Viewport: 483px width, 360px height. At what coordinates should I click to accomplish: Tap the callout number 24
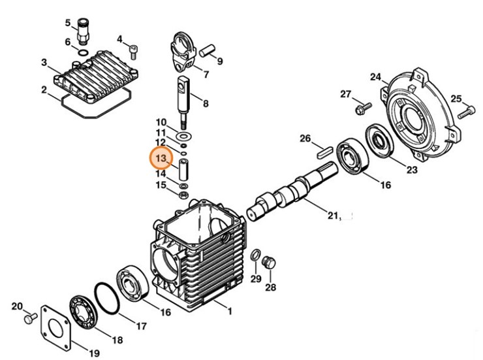click(x=375, y=77)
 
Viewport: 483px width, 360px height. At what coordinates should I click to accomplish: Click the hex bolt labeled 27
click(x=359, y=108)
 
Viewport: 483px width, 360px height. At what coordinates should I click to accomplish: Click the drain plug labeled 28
click(x=266, y=264)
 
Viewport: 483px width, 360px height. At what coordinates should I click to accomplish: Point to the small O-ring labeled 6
click(x=84, y=51)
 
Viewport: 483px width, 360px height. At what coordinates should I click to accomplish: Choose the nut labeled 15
click(x=184, y=195)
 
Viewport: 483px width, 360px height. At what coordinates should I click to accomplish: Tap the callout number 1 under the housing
click(x=229, y=311)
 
